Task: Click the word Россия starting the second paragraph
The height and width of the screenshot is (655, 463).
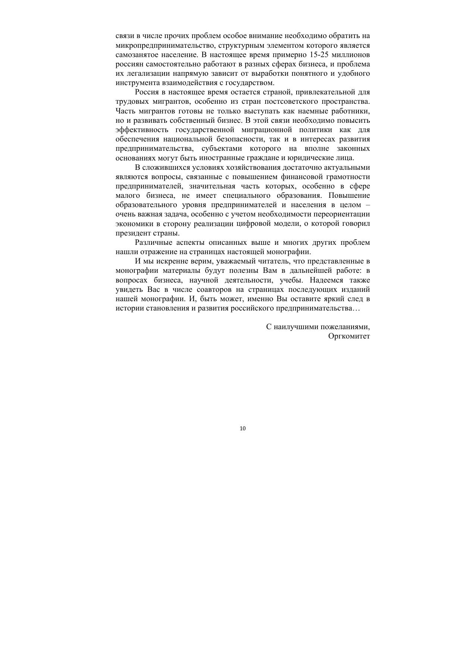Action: click(x=147, y=92)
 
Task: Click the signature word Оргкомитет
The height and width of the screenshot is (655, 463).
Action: click(x=349, y=336)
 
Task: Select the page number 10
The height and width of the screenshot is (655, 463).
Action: click(x=243, y=428)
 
